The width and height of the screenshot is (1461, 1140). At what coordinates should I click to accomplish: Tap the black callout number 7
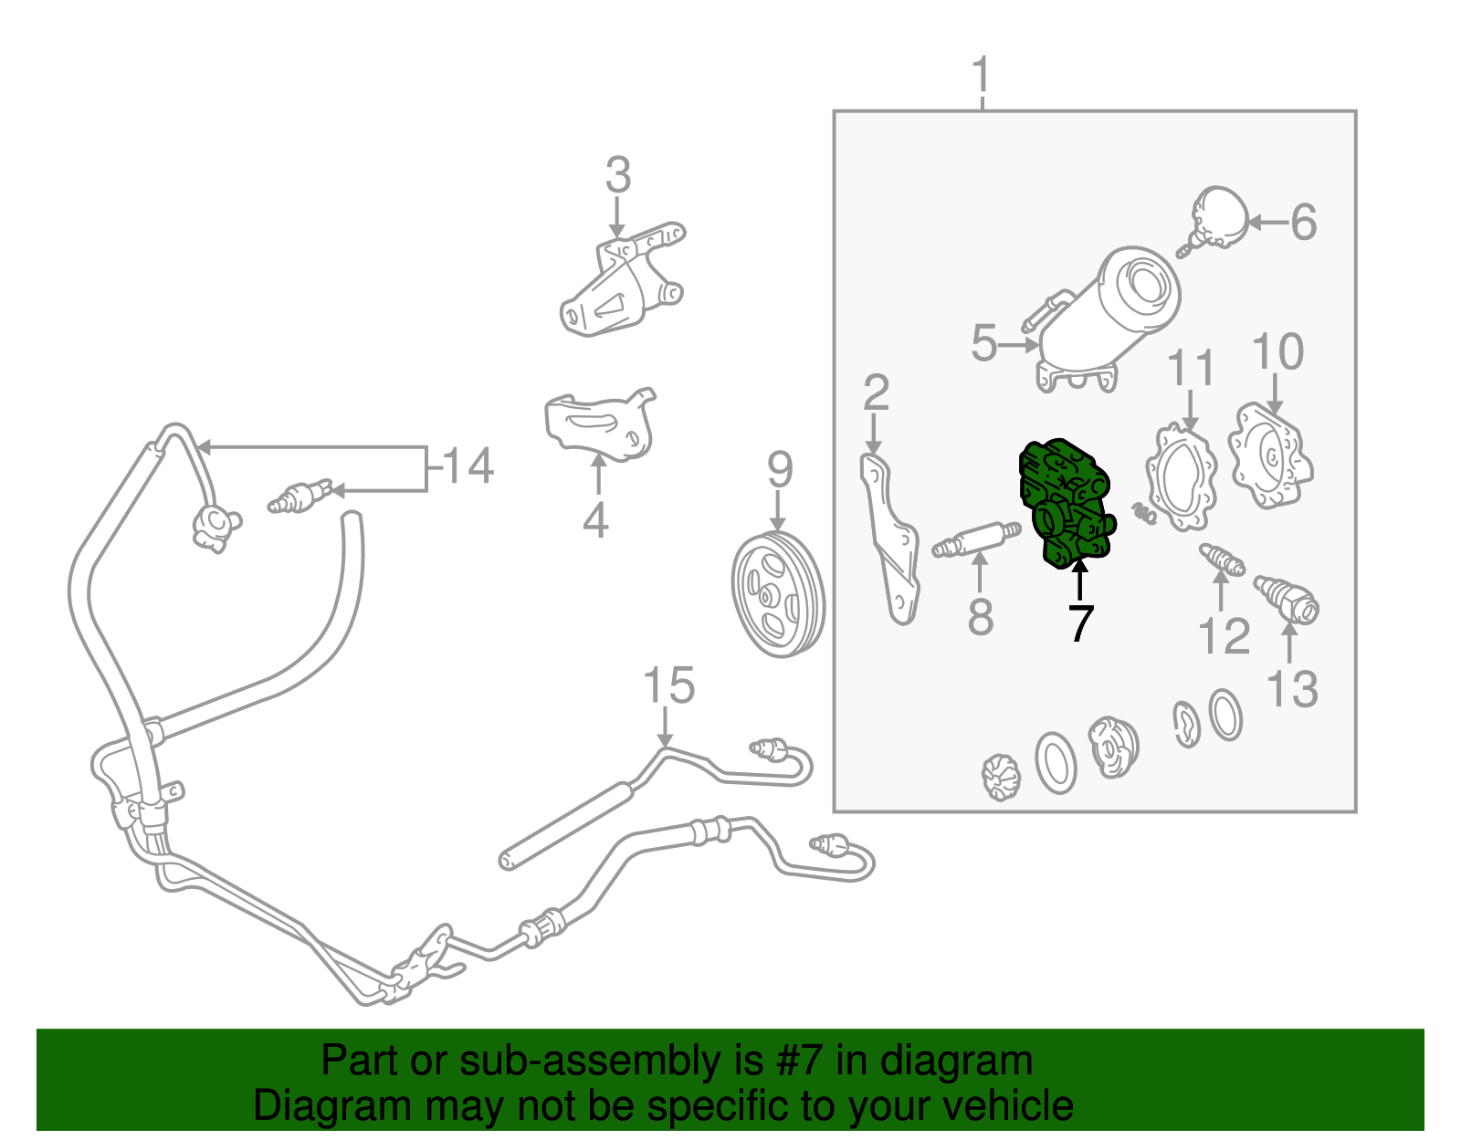tap(1080, 622)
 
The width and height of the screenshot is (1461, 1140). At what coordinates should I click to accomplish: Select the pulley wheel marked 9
tap(778, 594)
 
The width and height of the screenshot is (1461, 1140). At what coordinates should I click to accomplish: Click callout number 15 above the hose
tap(669, 685)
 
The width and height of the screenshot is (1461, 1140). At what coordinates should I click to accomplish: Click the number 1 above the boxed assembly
tap(983, 74)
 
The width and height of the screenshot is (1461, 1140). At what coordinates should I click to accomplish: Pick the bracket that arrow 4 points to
tap(598, 424)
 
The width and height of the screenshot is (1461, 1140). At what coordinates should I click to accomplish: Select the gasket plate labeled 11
tap(1182, 477)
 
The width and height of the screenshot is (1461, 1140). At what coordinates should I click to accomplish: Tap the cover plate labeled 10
tap(1269, 456)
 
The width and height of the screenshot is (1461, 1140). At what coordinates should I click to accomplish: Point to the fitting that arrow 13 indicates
tap(1287, 600)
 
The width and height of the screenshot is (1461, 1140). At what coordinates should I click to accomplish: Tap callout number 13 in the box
tap(1291, 689)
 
